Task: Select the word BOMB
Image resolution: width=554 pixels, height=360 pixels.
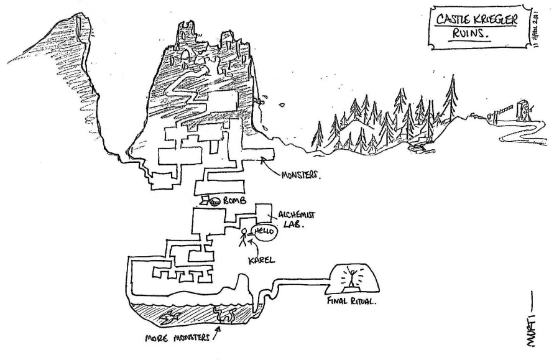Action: pyautogui.click(x=235, y=201)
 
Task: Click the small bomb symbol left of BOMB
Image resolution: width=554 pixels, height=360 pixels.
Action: pyautogui.click(x=215, y=201)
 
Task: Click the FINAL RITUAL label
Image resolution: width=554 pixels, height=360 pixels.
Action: pyautogui.click(x=351, y=304)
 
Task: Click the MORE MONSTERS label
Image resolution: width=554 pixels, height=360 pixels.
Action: pyautogui.click(x=175, y=341)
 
